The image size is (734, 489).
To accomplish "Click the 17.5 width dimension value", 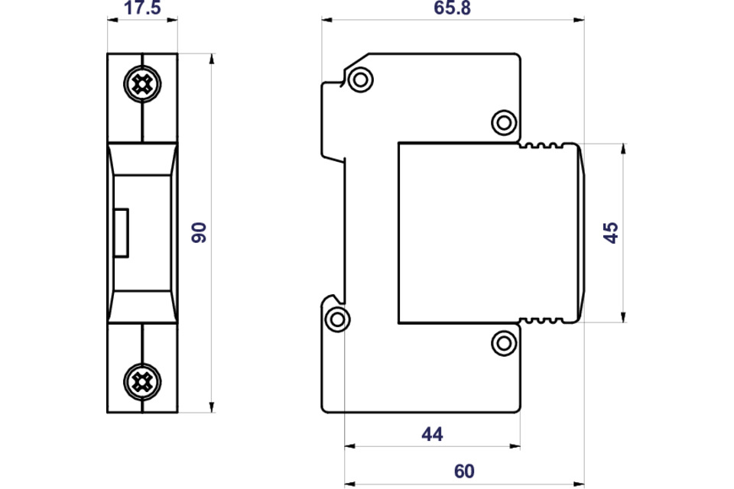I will coord(142,10).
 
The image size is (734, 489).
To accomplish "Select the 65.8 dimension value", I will coord(453,10).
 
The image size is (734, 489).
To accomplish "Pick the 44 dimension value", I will coord(432,434).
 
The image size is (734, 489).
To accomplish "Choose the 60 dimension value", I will coord(464,471).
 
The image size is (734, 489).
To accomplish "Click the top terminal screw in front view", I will coord(141,84).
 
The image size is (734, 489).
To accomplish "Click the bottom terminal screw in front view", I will coord(141,380).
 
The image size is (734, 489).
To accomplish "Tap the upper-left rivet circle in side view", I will coord(359,79).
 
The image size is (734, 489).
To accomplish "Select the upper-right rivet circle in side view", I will coord(503,121).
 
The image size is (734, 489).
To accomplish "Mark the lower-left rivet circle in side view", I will coord(336,319).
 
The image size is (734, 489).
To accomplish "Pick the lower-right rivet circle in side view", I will coord(503,343).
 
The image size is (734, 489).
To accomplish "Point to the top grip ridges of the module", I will coord(545,145).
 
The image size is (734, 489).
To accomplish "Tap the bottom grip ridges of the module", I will coord(545,320).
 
